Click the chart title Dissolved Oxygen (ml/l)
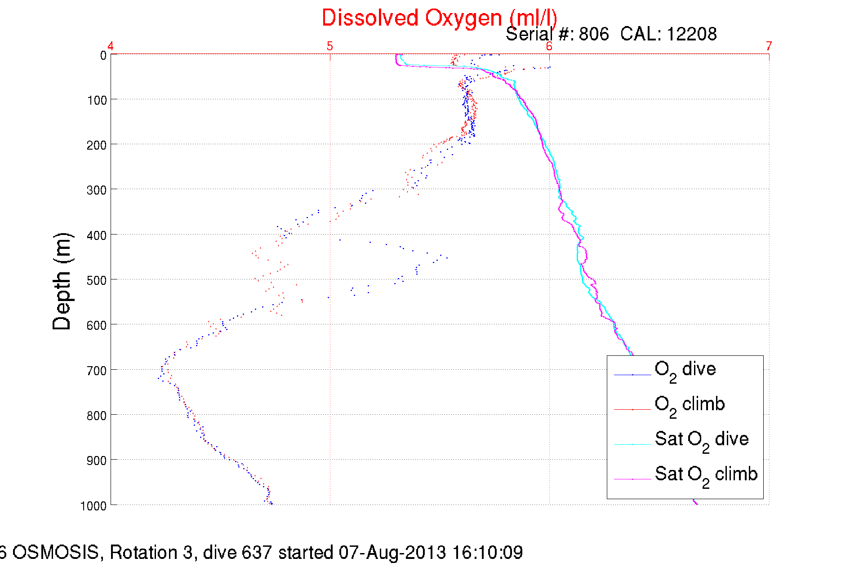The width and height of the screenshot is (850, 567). [439, 18]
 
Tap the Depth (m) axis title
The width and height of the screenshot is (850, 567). [62, 282]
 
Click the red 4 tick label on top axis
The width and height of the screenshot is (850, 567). [111, 46]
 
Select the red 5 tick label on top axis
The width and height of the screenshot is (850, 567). [330, 46]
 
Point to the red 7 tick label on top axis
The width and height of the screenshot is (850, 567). [769, 46]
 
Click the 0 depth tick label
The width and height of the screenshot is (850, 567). [103, 56]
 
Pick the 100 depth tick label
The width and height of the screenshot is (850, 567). [97, 100]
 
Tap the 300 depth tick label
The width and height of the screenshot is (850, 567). [97, 190]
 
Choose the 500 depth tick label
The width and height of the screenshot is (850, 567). [97, 280]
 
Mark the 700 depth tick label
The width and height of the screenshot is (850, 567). [97, 371]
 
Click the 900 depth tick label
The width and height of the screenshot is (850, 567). [97, 461]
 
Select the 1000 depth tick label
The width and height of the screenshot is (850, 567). [93, 506]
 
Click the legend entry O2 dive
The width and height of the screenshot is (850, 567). [685, 370]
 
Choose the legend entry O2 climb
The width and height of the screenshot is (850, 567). [689, 405]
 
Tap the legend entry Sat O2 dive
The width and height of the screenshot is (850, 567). [701, 440]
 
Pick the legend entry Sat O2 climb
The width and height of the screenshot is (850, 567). [706, 475]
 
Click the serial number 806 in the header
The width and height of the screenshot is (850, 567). [594, 34]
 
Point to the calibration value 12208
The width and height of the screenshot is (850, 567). [692, 34]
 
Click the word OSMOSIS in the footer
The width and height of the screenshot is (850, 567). [55, 553]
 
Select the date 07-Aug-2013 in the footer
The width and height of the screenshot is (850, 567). [392, 553]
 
